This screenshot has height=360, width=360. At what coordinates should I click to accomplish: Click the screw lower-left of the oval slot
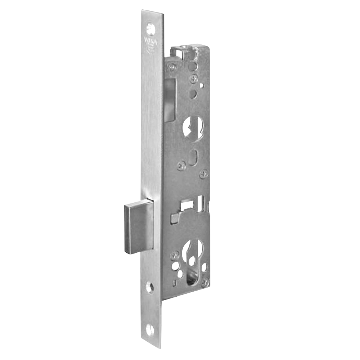(x=181, y=166)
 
